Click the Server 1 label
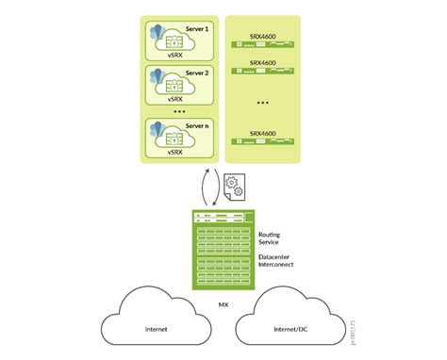(197, 29)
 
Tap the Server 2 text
(197, 72)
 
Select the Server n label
(197, 124)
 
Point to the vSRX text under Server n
(174, 152)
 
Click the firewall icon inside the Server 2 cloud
(174, 84)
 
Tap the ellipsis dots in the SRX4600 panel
(262, 102)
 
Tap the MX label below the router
(223, 305)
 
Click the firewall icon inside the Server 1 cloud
(174, 42)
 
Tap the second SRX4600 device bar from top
(262, 73)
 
